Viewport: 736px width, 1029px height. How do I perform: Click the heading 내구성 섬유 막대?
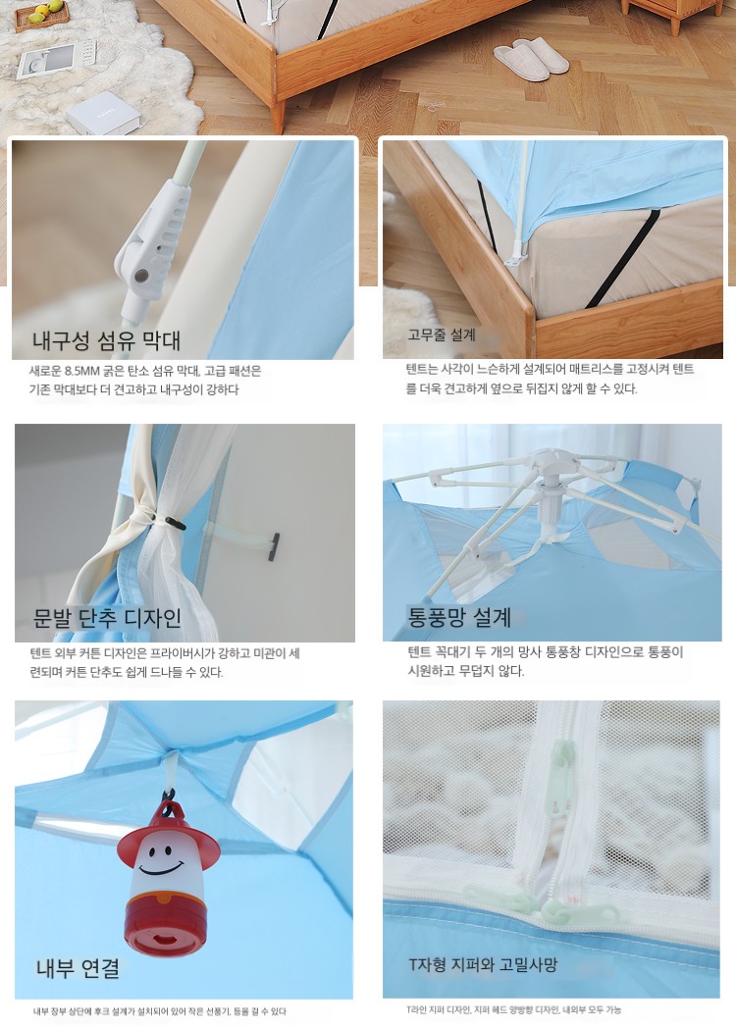106,340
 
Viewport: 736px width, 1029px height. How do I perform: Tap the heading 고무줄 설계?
441,334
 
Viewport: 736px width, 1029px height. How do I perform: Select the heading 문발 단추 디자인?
107,618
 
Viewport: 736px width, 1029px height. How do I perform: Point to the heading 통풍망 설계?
459,617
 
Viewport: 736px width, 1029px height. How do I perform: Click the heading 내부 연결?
78,968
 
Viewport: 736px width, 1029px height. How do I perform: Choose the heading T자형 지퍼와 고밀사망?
483,964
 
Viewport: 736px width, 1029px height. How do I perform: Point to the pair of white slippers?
531,59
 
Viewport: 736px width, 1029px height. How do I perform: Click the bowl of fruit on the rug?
42,15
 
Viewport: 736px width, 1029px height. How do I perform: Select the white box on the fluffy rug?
102,113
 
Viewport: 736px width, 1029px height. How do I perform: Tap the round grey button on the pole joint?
141,276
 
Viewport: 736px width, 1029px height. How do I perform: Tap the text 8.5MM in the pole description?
81,371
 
